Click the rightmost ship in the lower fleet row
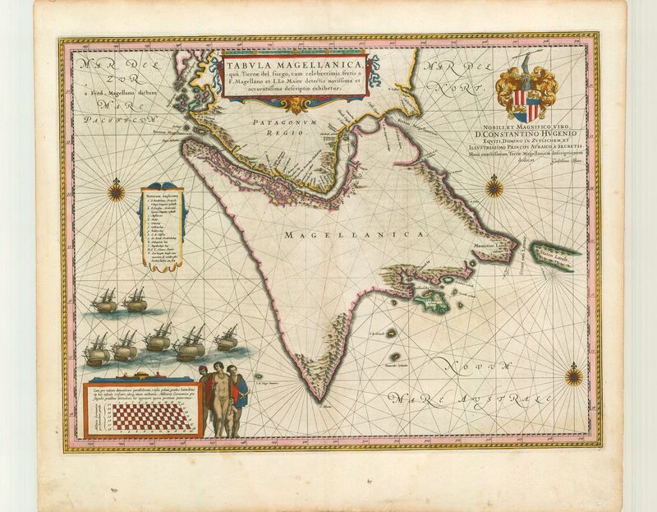(x=227, y=339)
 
